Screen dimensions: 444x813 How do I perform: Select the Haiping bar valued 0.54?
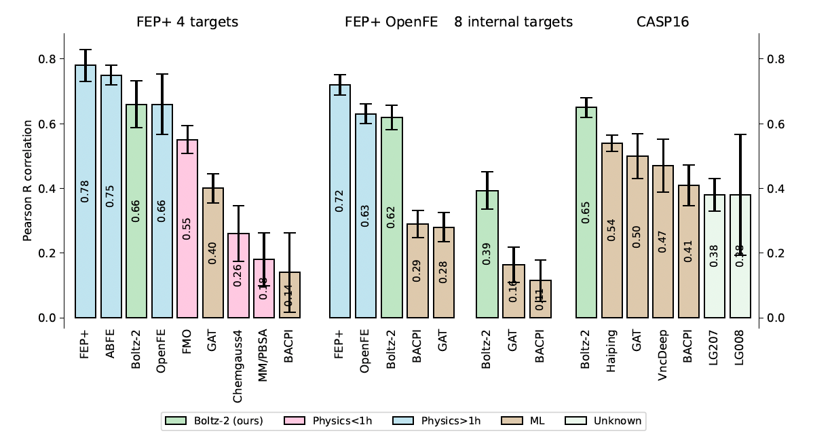point(612,230)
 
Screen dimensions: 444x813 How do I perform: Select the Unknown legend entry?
point(617,421)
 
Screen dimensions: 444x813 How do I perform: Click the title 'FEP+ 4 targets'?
point(187,22)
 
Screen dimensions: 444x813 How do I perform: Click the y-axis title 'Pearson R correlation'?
point(28,181)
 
